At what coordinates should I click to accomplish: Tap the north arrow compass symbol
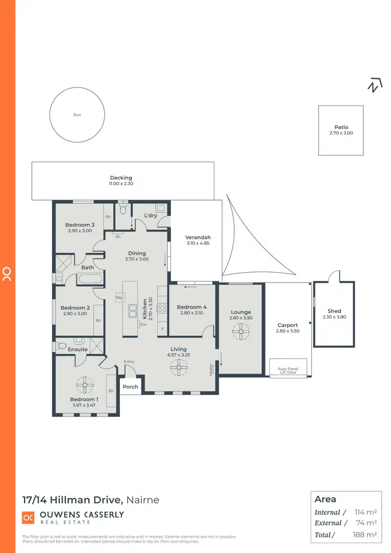pyautogui.click(x=374, y=85)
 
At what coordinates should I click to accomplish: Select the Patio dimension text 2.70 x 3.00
pyautogui.click(x=341, y=133)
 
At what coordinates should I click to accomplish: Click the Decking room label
pyautogui.click(x=121, y=178)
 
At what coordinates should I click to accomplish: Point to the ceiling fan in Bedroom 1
pyautogui.click(x=84, y=385)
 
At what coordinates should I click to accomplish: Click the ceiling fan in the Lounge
pyautogui.click(x=240, y=329)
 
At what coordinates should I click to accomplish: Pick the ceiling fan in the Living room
pyautogui.click(x=178, y=368)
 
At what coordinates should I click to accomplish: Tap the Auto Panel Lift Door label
pyautogui.click(x=288, y=371)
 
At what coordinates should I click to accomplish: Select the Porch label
pyautogui.click(x=130, y=387)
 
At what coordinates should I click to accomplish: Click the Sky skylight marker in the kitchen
pyautogui.click(x=120, y=297)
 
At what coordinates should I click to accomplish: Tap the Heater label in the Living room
pyautogui.click(x=211, y=368)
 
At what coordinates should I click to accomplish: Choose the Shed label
pyautogui.click(x=334, y=311)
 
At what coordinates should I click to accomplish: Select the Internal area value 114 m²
pyautogui.click(x=366, y=512)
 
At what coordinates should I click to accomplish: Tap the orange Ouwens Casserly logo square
pyautogui.click(x=28, y=518)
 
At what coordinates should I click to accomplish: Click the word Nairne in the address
pyautogui.click(x=142, y=500)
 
